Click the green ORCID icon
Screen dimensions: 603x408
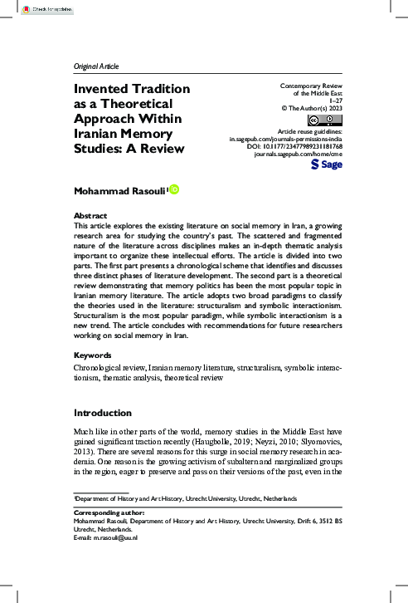[x=174, y=190]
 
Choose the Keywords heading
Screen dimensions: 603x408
[x=94, y=378]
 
